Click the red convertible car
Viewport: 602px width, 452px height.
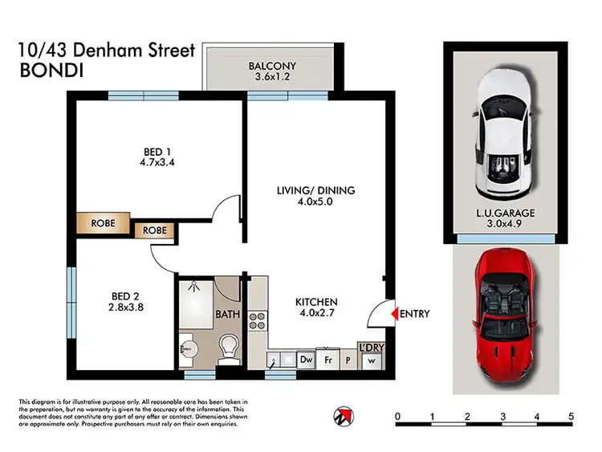tap(504, 319)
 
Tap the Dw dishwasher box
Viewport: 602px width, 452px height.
tap(305, 360)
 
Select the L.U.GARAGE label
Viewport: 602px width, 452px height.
tap(504, 213)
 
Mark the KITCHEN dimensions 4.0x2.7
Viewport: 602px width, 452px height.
tap(315, 316)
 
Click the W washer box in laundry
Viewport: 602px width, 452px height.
tap(372, 360)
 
